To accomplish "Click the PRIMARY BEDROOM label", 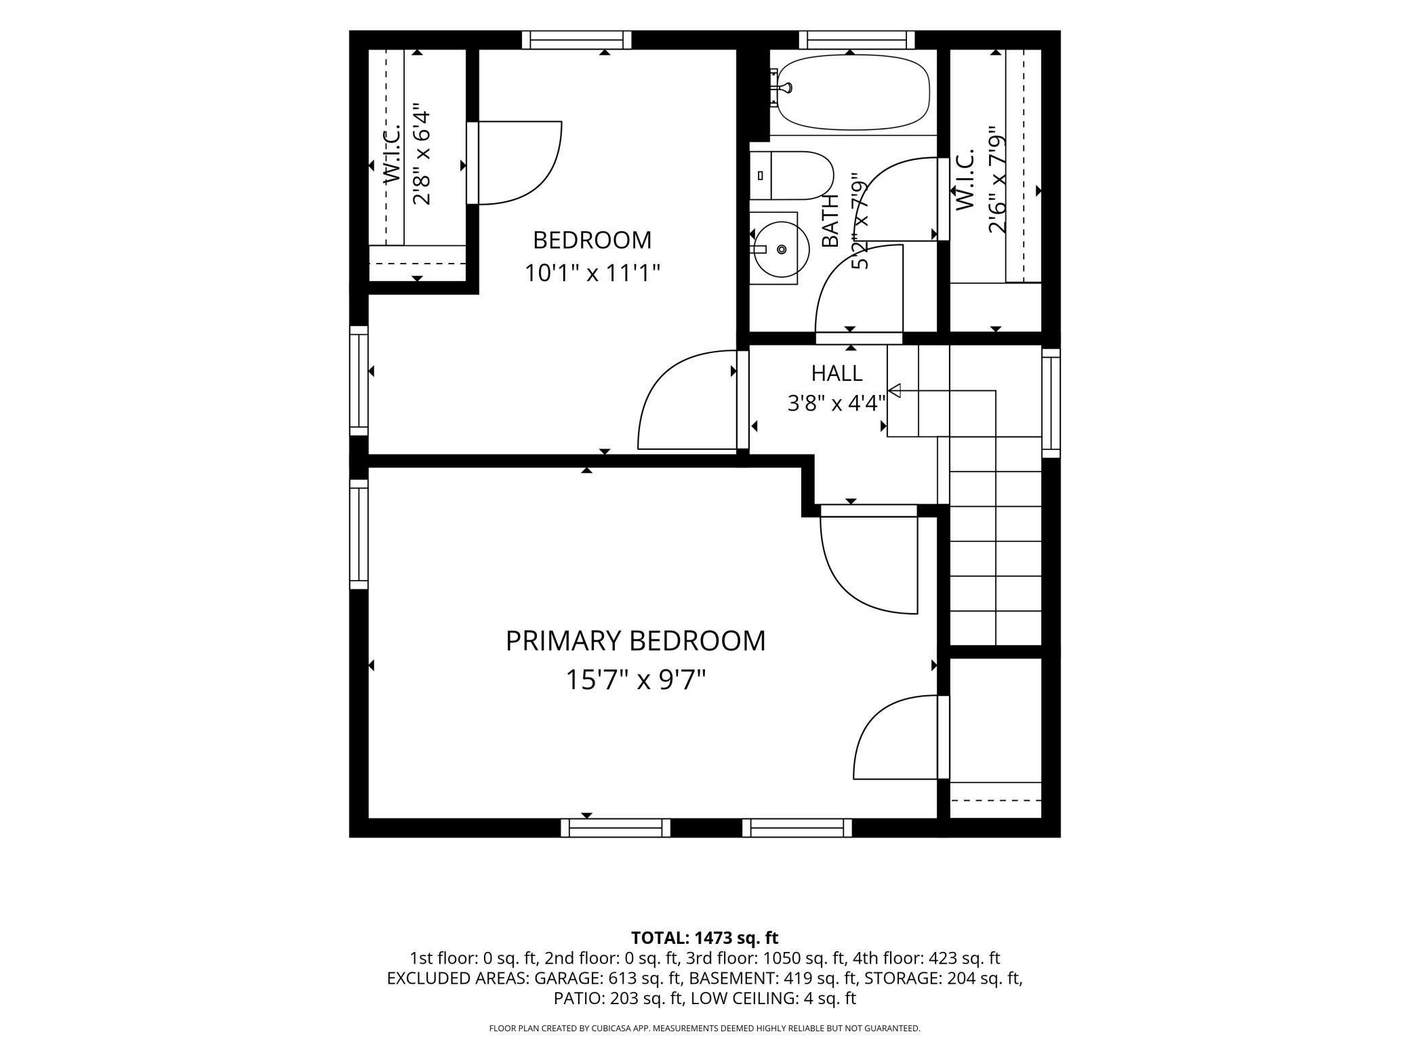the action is click(x=635, y=641).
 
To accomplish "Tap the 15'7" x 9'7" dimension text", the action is click(x=636, y=680).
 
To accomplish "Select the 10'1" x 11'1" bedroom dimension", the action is click(x=592, y=274).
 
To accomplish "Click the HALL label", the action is click(x=837, y=373).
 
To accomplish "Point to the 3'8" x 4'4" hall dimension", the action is click(x=837, y=404).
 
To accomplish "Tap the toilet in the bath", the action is click(x=792, y=175).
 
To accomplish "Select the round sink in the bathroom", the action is click(x=781, y=249).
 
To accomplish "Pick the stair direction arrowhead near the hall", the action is click(x=894, y=390).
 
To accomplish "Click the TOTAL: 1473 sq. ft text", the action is click(x=704, y=938).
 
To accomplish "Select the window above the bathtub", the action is click(x=857, y=40).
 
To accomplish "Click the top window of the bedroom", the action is click(x=577, y=40).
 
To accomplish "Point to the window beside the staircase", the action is click(x=1051, y=403).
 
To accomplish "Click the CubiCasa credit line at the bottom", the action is click(x=704, y=1029).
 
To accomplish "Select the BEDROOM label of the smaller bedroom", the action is click(x=592, y=240).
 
